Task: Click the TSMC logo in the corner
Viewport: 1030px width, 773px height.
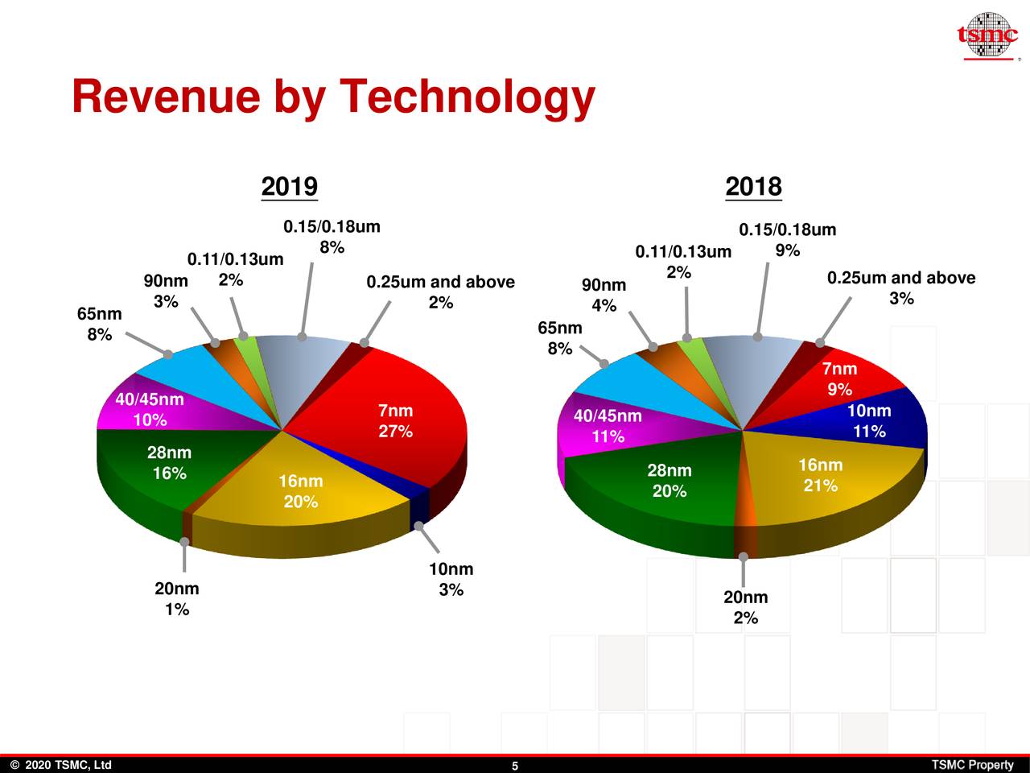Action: pos(987,36)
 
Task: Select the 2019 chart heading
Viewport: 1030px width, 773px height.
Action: pos(290,187)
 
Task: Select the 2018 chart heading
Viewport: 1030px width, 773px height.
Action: pos(753,187)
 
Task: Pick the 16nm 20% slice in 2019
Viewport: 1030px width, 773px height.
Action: pos(300,491)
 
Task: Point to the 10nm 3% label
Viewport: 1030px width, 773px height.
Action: pos(451,580)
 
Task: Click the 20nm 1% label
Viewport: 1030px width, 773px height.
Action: pos(177,599)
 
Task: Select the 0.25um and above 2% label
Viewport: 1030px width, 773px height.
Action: pos(440,292)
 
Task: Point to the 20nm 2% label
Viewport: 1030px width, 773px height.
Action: pos(745,607)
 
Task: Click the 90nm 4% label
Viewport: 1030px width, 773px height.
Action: pos(604,296)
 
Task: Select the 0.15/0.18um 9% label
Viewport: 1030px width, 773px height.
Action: pos(787,240)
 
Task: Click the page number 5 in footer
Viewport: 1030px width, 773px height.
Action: pos(515,766)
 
